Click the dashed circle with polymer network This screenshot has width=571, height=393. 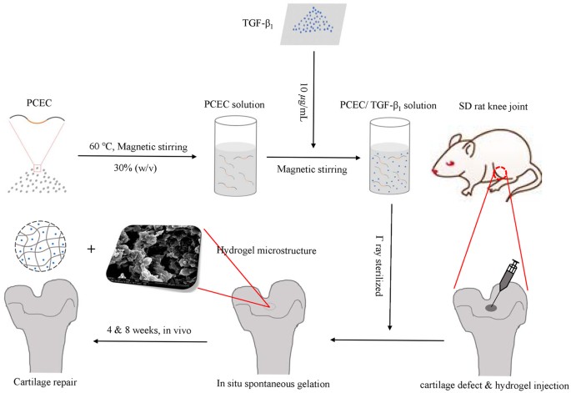point(38,249)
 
